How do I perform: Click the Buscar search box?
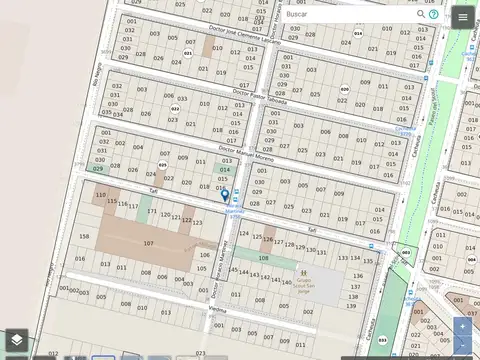coord(345,15)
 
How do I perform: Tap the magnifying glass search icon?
coord(421,15)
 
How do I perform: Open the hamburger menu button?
coord(461,17)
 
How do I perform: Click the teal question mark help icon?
coord(434,15)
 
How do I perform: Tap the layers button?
coord(17,342)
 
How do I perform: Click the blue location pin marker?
coord(225,196)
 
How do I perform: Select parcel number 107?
coord(148,243)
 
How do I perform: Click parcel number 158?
coord(83,236)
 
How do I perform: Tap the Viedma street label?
coord(218,309)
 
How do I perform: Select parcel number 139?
coord(355,298)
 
